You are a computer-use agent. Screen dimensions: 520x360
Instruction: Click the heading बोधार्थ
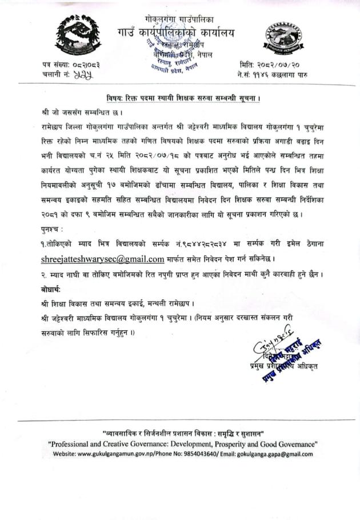[x=54, y=289]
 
